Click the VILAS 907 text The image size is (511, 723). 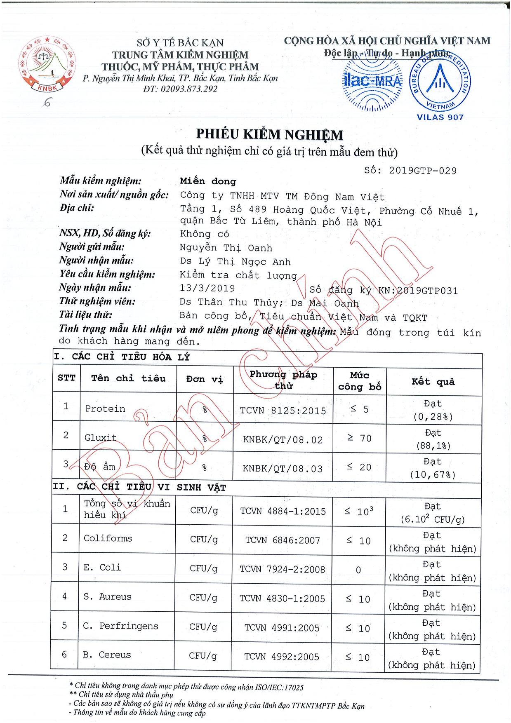pyautogui.click(x=440, y=117)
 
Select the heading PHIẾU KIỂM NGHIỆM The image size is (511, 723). pyautogui.click(x=269, y=134)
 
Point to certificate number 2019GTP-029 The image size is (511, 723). pyautogui.click(x=422, y=171)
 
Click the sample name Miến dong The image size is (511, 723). pyautogui.click(x=208, y=181)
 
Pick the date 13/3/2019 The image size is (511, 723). pyautogui.click(x=207, y=288)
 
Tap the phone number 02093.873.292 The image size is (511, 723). pyautogui.click(x=190, y=89)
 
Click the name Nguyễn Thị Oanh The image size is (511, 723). pyautogui.click(x=226, y=248)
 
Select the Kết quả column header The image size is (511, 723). pyautogui.click(x=433, y=382)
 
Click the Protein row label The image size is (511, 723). pyautogui.click(x=105, y=408)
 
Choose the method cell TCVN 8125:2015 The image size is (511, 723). pyautogui.click(x=283, y=411)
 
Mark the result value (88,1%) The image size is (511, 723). pyautogui.click(x=432, y=446)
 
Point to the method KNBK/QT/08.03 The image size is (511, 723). pyautogui.click(x=283, y=468)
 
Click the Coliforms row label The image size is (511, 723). pyautogui.click(x=108, y=538)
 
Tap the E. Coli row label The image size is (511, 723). pyautogui.click(x=102, y=568)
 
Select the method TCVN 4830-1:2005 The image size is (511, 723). pyautogui.click(x=283, y=599)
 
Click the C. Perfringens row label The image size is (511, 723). pyautogui.click(x=120, y=626)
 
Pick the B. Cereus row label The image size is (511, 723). pyautogui.click(x=107, y=655)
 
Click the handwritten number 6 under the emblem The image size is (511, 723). pyautogui.click(x=47, y=103)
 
